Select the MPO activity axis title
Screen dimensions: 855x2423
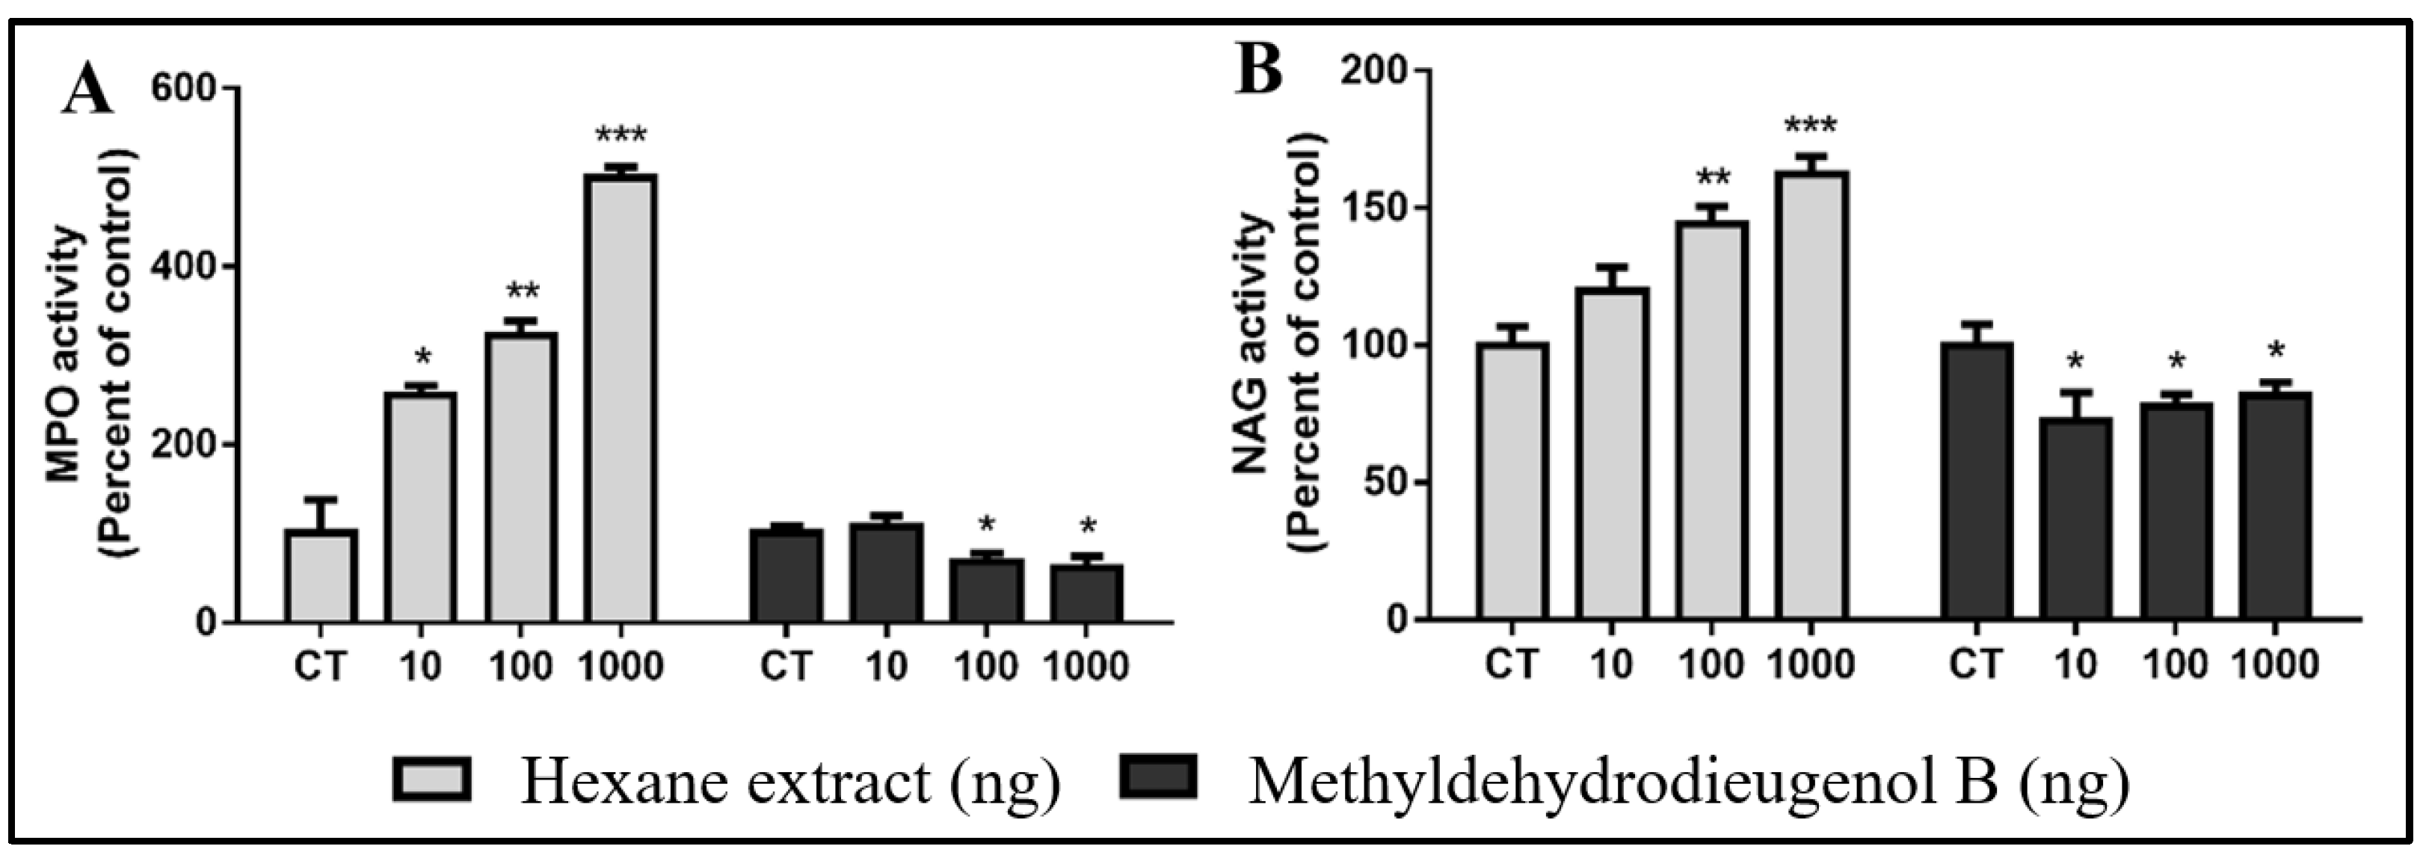coord(92,354)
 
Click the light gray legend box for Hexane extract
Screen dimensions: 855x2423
coord(434,779)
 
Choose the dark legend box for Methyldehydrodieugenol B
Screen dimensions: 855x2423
coord(1158,777)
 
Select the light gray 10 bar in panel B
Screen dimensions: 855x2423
coord(1612,454)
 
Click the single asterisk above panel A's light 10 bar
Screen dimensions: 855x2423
coord(422,357)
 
